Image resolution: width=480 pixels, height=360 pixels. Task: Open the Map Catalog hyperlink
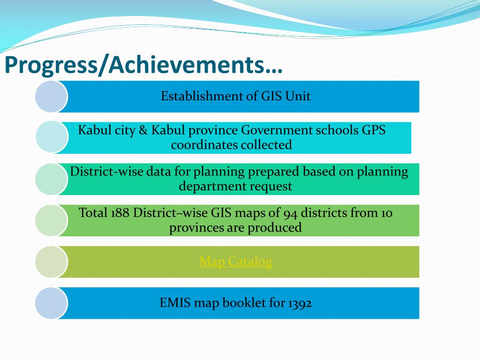[x=235, y=262]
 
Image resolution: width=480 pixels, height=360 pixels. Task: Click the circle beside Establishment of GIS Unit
[x=51, y=97]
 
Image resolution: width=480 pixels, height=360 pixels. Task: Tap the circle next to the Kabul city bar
[x=52, y=137]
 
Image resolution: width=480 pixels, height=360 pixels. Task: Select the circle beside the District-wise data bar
[x=51, y=179]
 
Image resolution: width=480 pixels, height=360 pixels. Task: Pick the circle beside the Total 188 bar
[x=51, y=220]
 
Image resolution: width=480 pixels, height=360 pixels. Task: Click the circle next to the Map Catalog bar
[x=51, y=262]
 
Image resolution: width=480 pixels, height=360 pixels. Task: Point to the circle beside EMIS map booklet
[x=51, y=303]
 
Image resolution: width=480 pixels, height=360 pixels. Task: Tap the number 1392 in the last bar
[x=300, y=303]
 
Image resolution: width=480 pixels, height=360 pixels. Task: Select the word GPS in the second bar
[x=373, y=130]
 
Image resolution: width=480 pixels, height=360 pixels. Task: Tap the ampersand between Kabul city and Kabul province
[x=143, y=130]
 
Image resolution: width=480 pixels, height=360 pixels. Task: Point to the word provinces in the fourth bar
[x=192, y=228]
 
